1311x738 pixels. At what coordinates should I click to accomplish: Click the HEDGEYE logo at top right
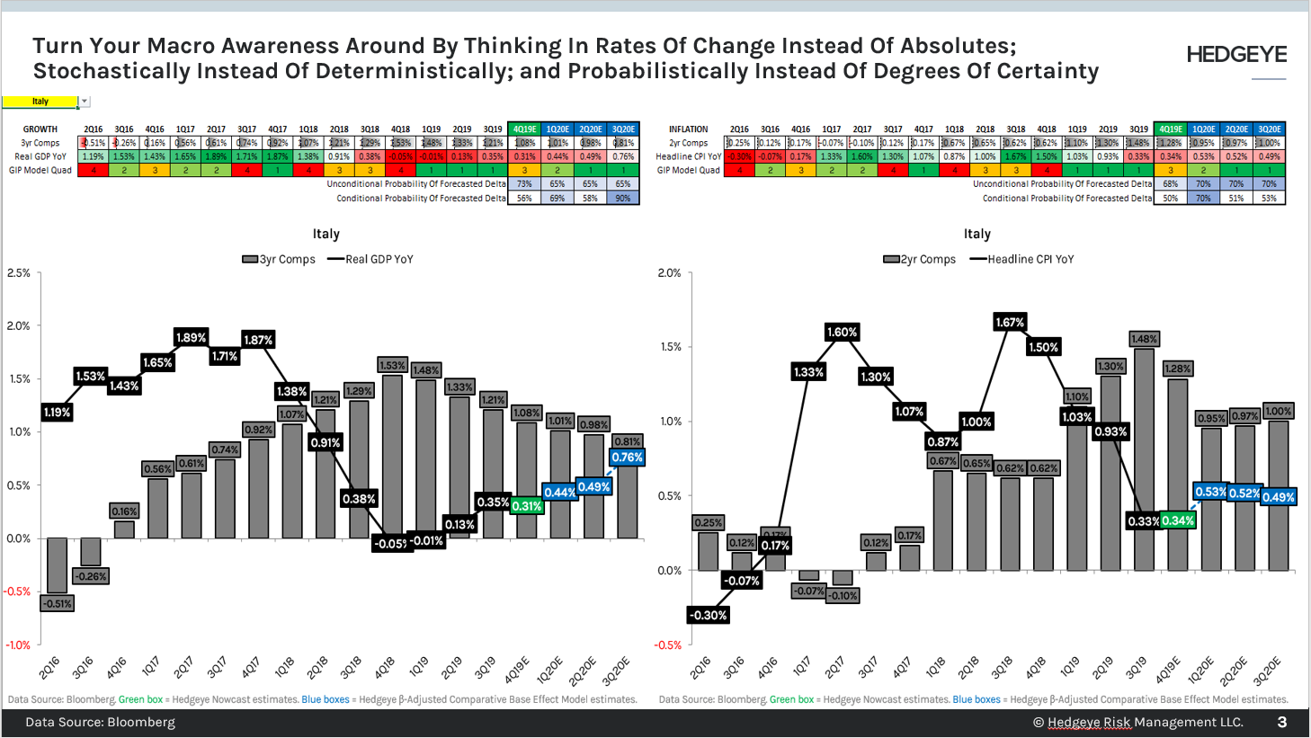pyautogui.click(x=1236, y=55)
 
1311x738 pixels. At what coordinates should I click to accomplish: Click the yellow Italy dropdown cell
pyautogui.click(x=40, y=102)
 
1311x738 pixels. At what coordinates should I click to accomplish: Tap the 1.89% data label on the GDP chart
pyautogui.click(x=191, y=337)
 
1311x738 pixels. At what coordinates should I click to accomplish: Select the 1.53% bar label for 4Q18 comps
pyautogui.click(x=392, y=365)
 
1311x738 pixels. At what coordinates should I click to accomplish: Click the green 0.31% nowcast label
pyautogui.click(x=526, y=506)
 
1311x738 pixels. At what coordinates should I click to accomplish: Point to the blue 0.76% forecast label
pyautogui.click(x=627, y=457)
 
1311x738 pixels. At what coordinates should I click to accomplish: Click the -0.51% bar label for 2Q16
pyautogui.click(x=58, y=603)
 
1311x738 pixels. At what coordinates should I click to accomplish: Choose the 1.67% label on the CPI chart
pyautogui.click(x=1010, y=322)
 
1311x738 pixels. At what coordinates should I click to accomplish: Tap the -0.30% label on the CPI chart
pyautogui.click(x=708, y=615)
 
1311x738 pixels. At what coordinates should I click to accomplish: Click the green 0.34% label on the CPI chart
pyautogui.click(x=1177, y=520)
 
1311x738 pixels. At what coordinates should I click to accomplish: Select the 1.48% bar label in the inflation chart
pyautogui.click(x=1144, y=339)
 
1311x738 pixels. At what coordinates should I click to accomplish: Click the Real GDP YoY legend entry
pyautogui.click(x=370, y=259)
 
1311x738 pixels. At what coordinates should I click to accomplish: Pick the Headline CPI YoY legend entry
pyautogui.click(x=1021, y=259)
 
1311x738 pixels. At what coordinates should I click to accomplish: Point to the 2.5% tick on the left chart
pyautogui.click(x=19, y=272)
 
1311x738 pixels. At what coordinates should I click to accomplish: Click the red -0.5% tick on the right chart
pyautogui.click(x=668, y=645)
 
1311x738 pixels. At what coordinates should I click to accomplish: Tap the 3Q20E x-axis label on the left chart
pyautogui.click(x=617, y=671)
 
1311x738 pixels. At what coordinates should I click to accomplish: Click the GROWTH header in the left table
pyautogui.click(x=40, y=129)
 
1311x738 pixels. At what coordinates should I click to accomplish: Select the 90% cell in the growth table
pyautogui.click(x=623, y=198)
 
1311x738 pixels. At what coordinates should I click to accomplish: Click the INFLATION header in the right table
pyautogui.click(x=688, y=129)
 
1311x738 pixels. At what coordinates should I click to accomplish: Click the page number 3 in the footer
pyautogui.click(x=1281, y=722)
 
